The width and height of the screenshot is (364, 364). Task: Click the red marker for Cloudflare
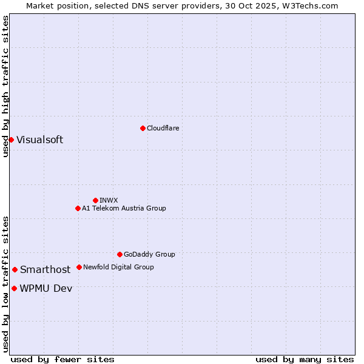pos(143,128)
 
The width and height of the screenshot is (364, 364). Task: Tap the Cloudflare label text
pos(163,128)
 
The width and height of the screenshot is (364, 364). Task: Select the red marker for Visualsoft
pos(11,140)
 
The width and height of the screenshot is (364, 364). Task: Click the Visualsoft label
pos(39,140)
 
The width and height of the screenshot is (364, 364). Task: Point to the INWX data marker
pos(95,200)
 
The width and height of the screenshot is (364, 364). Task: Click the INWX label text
pos(109,200)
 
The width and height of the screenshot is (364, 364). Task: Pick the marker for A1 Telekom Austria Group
pos(78,208)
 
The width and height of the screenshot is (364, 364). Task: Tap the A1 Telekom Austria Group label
pos(124,208)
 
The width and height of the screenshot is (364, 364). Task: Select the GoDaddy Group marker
pos(120,254)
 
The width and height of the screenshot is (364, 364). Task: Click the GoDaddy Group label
pos(149,254)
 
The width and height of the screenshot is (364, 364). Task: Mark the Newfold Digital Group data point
pos(79,267)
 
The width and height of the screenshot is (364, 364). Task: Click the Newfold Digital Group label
pos(118,267)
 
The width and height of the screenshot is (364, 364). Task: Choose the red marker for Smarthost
pos(15,269)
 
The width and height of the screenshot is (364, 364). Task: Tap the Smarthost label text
pos(45,270)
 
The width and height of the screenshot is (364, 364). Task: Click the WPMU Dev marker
pos(14,288)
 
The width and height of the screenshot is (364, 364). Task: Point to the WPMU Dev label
pos(45,289)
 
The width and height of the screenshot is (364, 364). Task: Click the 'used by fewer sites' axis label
pos(62,359)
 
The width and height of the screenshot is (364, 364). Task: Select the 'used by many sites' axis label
pos(305,359)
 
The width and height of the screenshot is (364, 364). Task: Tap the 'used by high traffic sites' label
pos(5,86)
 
